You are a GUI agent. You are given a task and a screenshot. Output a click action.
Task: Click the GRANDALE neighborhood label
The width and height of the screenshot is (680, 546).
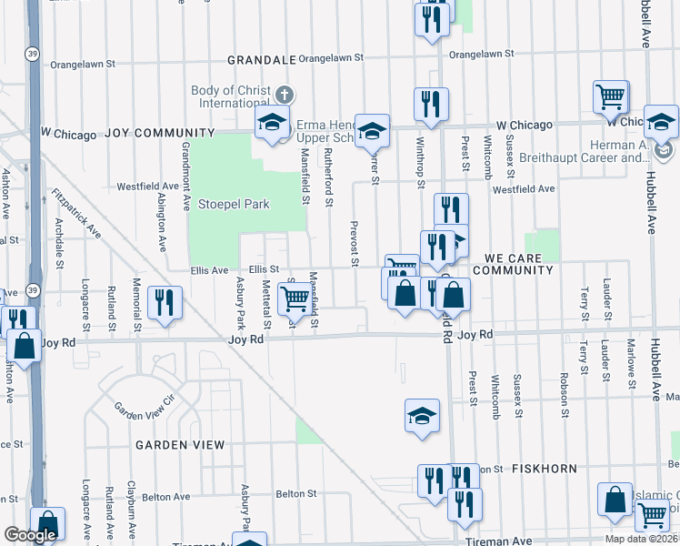pyautogui.click(x=262, y=59)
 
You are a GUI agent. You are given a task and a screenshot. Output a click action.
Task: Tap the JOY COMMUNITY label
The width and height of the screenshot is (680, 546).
pyautogui.click(x=152, y=133)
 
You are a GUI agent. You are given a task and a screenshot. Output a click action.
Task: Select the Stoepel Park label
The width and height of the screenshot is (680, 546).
pyautogui.click(x=234, y=205)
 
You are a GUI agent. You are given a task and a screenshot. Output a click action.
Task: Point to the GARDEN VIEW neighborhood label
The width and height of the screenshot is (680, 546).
pyautogui.click(x=180, y=445)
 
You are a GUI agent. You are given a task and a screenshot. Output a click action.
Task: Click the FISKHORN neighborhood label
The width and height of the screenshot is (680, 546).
pyautogui.click(x=544, y=469)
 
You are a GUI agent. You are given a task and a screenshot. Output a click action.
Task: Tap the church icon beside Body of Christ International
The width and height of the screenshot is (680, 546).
pyautogui.click(x=285, y=94)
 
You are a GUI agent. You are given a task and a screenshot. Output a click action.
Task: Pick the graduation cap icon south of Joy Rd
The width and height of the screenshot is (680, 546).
pyautogui.click(x=422, y=417)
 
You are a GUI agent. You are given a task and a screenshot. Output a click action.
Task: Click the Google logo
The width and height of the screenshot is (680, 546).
pyautogui.click(x=30, y=535)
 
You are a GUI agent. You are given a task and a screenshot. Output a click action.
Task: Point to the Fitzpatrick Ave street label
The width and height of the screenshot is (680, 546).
pyautogui.click(x=77, y=213)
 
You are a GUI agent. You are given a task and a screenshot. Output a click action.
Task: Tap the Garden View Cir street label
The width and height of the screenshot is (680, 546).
pyautogui.click(x=143, y=406)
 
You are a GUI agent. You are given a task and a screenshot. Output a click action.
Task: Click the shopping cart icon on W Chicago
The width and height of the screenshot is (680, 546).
pyautogui.click(x=611, y=97)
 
